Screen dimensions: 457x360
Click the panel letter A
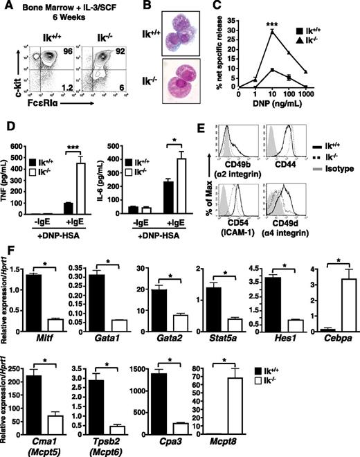tap(6, 7)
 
